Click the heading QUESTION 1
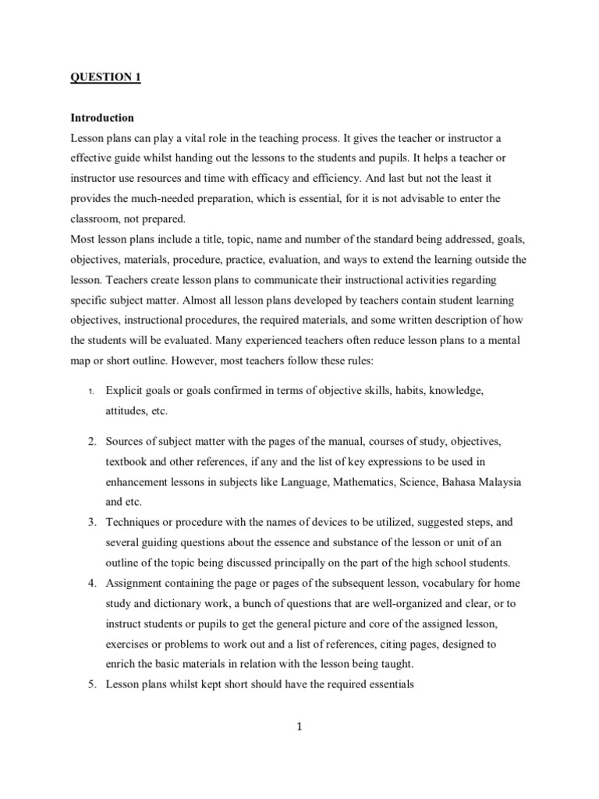tap(106, 76)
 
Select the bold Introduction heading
tap(102, 118)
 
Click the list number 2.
tap(91, 442)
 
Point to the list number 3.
tap(91, 521)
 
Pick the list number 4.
tap(91, 582)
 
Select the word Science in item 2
tap(426, 482)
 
